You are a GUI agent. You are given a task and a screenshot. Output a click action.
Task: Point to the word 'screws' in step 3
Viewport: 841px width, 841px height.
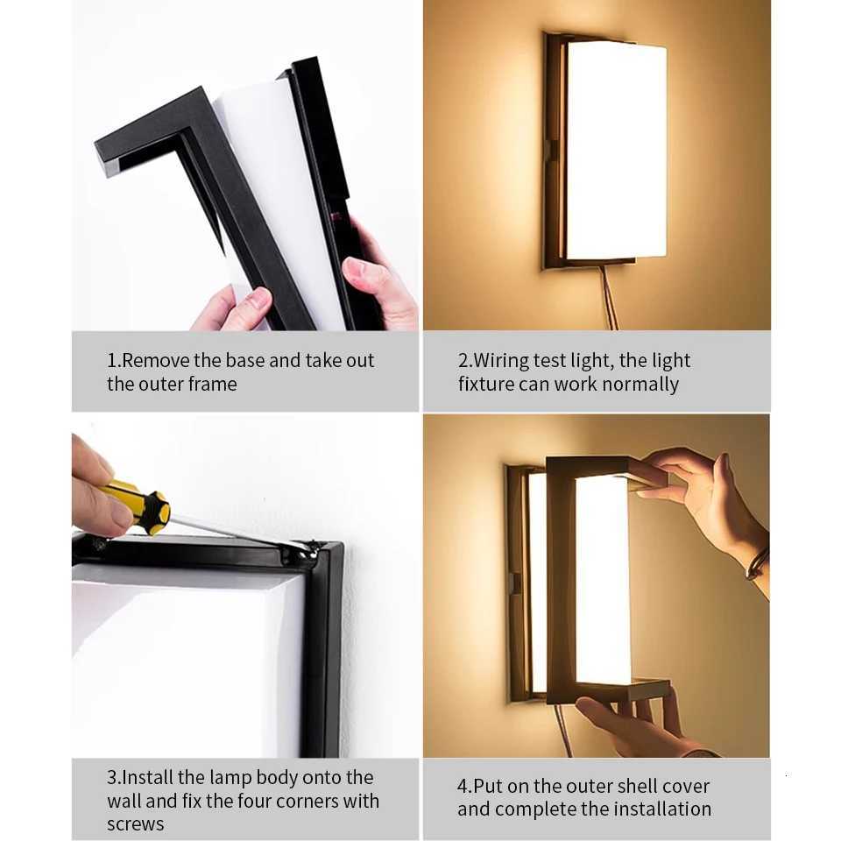point(135,823)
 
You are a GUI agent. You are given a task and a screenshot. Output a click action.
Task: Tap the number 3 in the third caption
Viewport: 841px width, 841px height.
point(112,777)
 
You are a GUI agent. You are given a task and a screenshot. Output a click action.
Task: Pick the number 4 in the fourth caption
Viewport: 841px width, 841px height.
point(463,786)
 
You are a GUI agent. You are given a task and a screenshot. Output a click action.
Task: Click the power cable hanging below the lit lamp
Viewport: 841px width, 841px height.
point(608,298)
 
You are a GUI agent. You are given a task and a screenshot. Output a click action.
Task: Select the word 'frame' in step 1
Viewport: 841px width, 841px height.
point(213,384)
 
